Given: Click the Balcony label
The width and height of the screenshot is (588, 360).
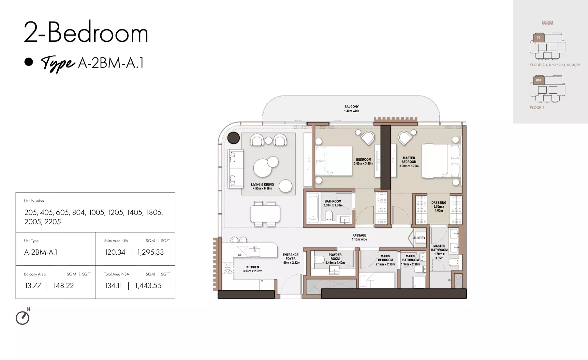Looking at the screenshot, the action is pyautogui.click(x=351, y=109).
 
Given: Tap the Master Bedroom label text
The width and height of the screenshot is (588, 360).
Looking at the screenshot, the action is pyautogui.click(x=409, y=162).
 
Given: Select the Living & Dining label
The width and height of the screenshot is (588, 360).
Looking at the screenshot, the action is pyautogui.click(x=262, y=186).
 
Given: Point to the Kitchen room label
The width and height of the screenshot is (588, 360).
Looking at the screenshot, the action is pyautogui.click(x=253, y=269).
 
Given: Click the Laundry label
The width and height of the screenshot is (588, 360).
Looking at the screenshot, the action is pyautogui.click(x=419, y=238).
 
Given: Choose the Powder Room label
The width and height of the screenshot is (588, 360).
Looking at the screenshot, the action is pyautogui.click(x=335, y=259).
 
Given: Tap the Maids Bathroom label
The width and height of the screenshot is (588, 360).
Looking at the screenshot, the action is pyautogui.click(x=410, y=260).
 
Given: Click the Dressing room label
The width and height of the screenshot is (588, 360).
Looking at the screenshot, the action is pyautogui.click(x=439, y=206).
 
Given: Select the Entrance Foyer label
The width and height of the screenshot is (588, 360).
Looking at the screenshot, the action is pyautogui.click(x=291, y=259).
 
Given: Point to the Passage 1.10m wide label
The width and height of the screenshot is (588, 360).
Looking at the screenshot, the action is pyautogui.click(x=359, y=237).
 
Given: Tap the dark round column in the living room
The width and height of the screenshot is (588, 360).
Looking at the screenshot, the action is pyautogui.click(x=233, y=138).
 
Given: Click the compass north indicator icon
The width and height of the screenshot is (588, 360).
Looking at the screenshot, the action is pyautogui.click(x=22, y=318).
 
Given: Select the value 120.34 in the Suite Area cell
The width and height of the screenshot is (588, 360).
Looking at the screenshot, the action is pyautogui.click(x=115, y=252).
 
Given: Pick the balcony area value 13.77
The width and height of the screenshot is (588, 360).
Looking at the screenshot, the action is pyautogui.click(x=33, y=286).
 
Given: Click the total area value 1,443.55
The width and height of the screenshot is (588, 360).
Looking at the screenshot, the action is pyautogui.click(x=148, y=286).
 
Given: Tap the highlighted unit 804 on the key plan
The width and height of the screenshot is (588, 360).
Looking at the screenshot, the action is pyautogui.click(x=538, y=80).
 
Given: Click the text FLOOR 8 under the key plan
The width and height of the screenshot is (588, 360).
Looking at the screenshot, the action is pyautogui.click(x=537, y=108).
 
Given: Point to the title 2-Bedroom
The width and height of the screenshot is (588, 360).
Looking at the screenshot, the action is pyautogui.click(x=86, y=32).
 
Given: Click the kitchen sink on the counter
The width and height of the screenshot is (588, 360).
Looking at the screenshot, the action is pyautogui.click(x=254, y=252).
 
